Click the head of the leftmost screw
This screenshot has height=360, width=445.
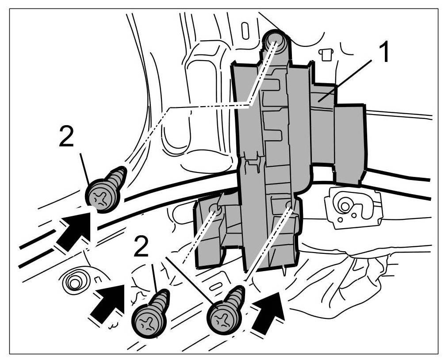point(102,195)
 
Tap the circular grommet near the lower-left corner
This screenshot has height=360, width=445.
point(74,281)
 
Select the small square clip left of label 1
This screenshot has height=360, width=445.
point(326,54)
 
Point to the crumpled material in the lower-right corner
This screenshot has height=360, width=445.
point(372,283)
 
